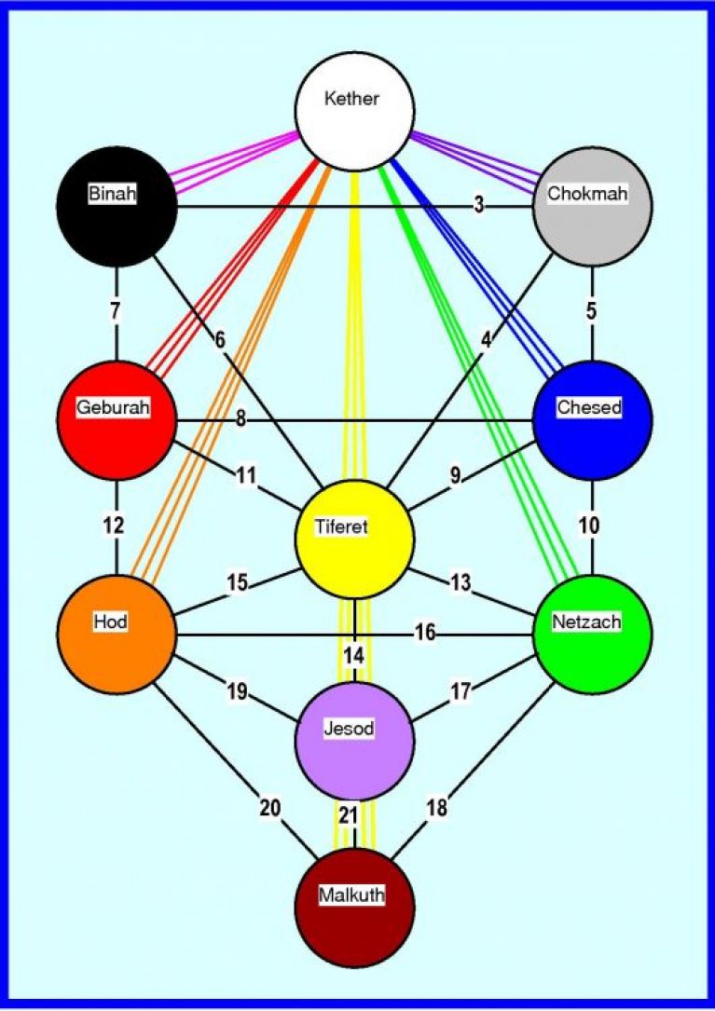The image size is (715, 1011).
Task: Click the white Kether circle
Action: click(x=353, y=112)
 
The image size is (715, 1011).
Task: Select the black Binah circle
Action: click(x=117, y=206)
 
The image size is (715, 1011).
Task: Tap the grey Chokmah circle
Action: click(x=592, y=206)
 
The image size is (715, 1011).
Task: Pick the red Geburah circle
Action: click(x=117, y=420)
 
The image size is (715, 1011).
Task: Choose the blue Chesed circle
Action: click(x=592, y=420)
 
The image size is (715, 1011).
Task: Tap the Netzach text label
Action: click(x=586, y=622)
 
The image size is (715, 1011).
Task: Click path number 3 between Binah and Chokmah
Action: click(x=478, y=206)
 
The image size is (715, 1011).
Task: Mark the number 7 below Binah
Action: click(x=116, y=311)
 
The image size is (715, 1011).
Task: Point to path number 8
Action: click(x=241, y=419)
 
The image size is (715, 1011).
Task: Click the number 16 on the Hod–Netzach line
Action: click(x=425, y=634)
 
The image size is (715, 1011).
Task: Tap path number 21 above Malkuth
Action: click(x=349, y=815)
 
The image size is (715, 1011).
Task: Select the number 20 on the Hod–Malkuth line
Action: click(x=269, y=808)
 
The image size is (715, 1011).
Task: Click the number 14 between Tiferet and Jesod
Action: click(x=354, y=656)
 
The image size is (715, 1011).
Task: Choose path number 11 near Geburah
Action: click(x=245, y=476)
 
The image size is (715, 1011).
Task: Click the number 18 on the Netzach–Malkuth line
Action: click(x=437, y=808)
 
